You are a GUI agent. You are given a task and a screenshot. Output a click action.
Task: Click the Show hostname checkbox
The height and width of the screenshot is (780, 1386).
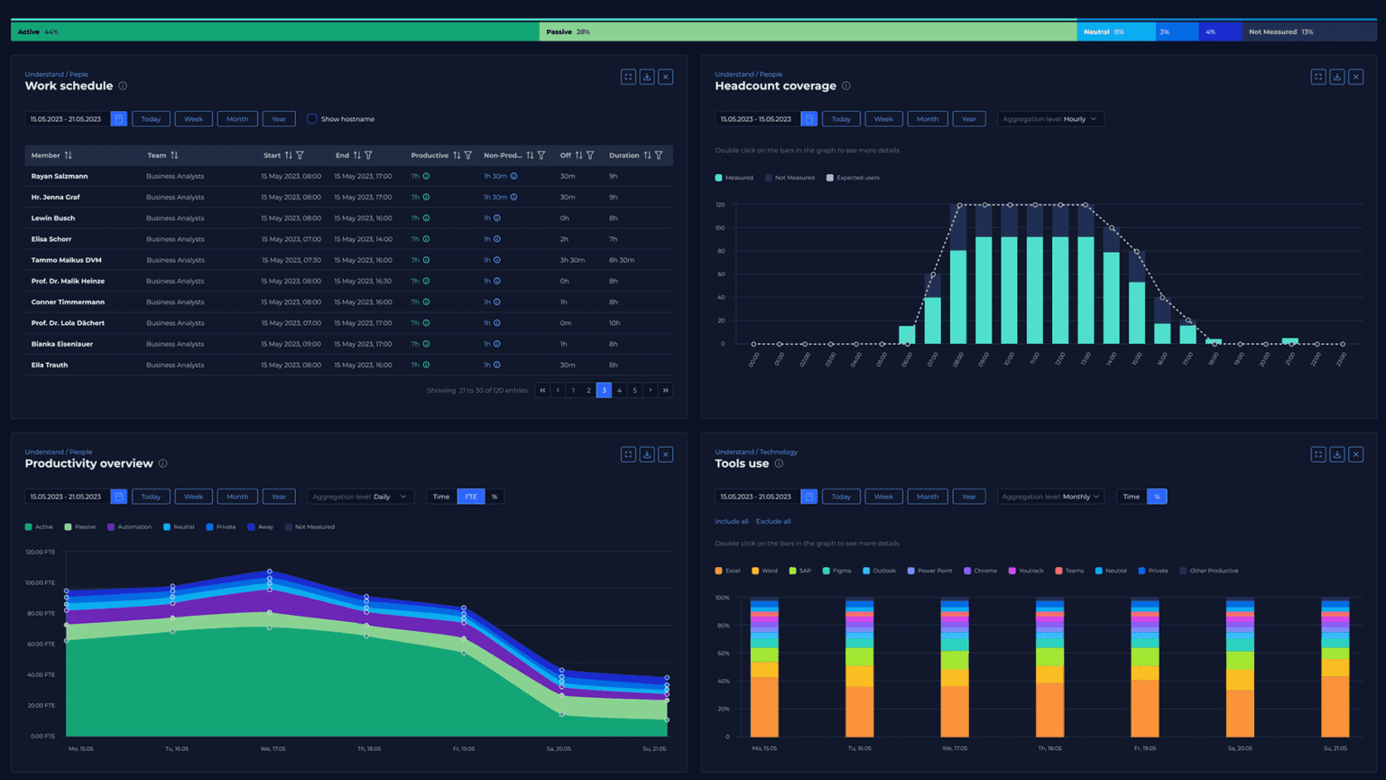(312, 119)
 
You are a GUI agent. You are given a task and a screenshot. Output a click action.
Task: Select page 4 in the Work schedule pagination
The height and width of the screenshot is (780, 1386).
(619, 390)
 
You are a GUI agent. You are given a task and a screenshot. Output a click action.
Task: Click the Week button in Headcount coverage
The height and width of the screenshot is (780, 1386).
(883, 119)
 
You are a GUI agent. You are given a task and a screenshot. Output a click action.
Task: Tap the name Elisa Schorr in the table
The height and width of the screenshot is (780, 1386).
(51, 239)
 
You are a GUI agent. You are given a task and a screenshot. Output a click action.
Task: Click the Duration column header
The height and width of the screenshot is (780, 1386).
(624, 155)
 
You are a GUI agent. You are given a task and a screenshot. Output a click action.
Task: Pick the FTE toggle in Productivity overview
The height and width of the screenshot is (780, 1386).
(471, 497)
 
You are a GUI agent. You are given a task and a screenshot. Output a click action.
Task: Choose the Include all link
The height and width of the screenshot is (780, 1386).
(731, 521)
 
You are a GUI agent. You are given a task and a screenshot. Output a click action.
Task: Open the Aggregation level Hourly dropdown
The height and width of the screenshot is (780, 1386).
(1050, 119)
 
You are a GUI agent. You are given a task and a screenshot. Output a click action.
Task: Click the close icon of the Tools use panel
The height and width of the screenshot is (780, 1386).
(1355, 454)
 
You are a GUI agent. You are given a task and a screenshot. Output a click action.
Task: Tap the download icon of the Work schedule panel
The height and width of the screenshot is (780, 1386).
(647, 77)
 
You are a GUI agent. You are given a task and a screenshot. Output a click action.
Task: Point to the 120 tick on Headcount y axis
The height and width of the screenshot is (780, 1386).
(720, 205)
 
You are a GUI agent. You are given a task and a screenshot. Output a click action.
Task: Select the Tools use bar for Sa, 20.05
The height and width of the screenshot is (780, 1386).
(1240, 668)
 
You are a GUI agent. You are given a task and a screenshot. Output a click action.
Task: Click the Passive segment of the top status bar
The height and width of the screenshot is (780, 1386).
(808, 32)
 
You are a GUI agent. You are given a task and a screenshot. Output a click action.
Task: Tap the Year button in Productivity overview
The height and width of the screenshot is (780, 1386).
(279, 497)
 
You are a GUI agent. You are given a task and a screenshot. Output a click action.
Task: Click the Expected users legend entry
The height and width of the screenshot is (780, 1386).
(853, 178)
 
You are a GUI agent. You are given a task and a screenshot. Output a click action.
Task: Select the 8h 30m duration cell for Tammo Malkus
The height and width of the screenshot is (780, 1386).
(622, 260)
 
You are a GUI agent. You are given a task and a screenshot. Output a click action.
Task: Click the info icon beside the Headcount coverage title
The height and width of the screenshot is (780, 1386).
(845, 86)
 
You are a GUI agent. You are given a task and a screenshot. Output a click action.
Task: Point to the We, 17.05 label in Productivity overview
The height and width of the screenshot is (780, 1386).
(272, 748)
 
